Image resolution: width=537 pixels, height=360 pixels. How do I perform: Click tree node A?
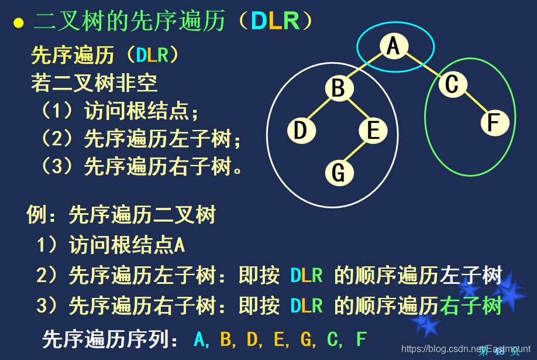pyautogui.click(x=393, y=46)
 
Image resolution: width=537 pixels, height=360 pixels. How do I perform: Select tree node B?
pyautogui.click(x=339, y=89)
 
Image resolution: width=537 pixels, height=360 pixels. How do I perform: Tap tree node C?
pyautogui.click(x=452, y=85)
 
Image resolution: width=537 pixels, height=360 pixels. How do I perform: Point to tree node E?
pyautogui.click(x=373, y=130)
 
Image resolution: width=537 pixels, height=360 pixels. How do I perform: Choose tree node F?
pyautogui.click(x=494, y=124)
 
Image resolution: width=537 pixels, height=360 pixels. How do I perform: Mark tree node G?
pyautogui.click(x=339, y=173)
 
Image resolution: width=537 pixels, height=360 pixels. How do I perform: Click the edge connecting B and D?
pyautogui.click(x=319, y=109)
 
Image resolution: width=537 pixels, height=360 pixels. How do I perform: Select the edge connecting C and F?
pyautogui.click(x=473, y=104)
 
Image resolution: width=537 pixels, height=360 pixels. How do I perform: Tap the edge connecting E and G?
pyautogui.click(x=356, y=152)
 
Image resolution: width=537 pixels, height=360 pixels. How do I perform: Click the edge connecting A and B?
pyautogui.click(x=366, y=67)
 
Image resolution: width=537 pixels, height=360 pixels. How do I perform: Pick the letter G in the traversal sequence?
pyautogui.click(x=306, y=339)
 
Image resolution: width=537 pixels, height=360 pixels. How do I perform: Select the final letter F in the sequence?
pyautogui.click(x=361, y=339)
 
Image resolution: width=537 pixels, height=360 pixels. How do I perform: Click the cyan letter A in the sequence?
pyautogui.click(x=201, y=339)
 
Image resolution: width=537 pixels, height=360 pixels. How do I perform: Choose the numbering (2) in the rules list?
pyautogui.click(x=58, y=139)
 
